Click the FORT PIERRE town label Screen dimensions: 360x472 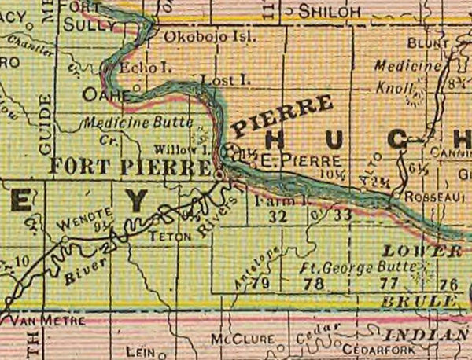[130, 167]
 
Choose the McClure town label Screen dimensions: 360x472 [243, 340]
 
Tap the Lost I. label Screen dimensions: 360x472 [218, 81]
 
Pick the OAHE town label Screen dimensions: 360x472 [105, 94]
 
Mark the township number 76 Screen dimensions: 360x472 [449, 284]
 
